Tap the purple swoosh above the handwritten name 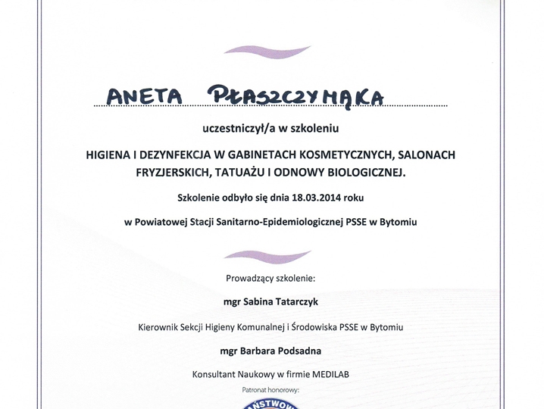pyautogui.click(x=267, y=50)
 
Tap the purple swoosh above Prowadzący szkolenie pyautogui.click(x=267, y=255)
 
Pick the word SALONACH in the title pyautogui.click(x=425, y=155)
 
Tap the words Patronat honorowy pyautogui.click(x=271, y=389)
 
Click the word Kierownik pyautogui.click(x=159, y=327)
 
